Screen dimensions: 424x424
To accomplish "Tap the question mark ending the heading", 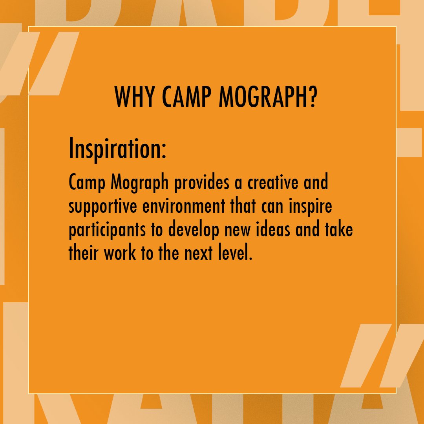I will pos(311,97).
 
